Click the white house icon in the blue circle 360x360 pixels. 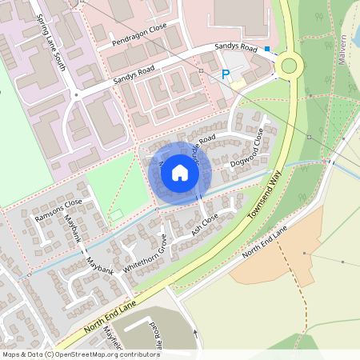point(180,172)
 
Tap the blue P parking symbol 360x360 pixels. point(226,74)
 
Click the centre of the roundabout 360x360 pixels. point(288,66)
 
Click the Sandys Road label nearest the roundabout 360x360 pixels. point(238,49)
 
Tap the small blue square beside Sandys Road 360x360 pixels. point(267,49)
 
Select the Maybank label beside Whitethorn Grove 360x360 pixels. point(100,266)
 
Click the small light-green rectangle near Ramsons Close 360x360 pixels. point(118,214)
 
